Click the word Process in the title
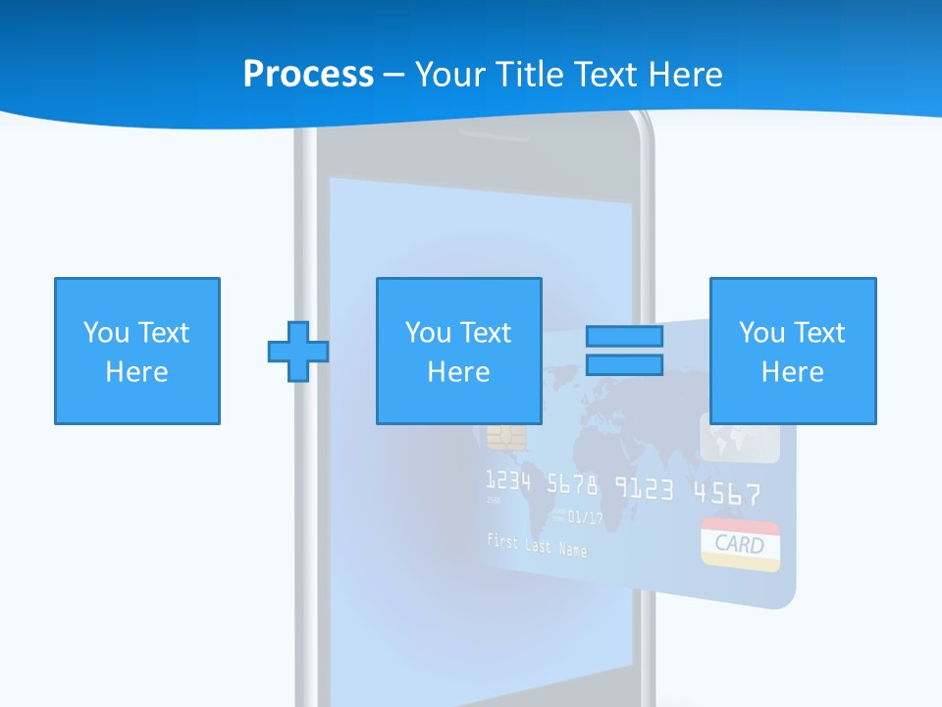point(308,75)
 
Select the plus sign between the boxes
point(298,351)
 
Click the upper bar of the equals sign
point(624,337)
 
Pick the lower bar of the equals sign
point(624,364)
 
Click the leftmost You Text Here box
point(137,351)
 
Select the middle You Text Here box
point(458,351)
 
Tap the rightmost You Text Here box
point(793,351)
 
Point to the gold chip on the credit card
point(506,438)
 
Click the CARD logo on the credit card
point(741,544)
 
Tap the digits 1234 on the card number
point(508,481)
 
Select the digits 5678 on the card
point(572,484)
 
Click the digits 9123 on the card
point(645,488)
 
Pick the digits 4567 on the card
point(726,492)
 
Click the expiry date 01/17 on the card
point(586,517)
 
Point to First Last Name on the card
point(537,544)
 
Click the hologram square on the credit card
point(740,438)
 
